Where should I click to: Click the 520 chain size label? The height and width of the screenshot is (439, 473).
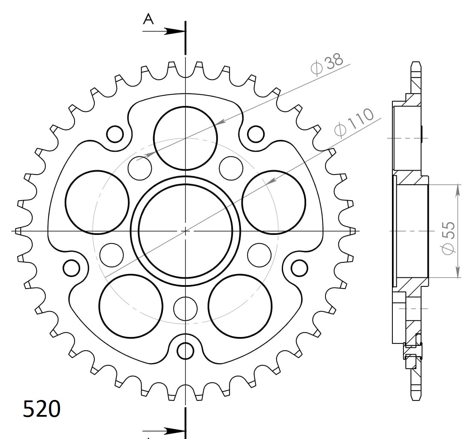(x=42, y=409)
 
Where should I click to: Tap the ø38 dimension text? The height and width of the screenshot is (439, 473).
(x=327, y=64)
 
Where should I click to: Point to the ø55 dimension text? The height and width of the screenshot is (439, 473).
(x=448, y=238)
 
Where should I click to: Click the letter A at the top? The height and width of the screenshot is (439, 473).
(x=148, y=19)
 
